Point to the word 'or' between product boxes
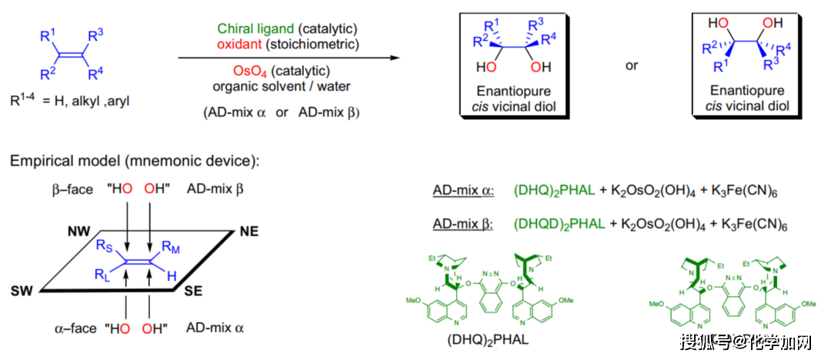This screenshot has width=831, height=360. coord(632,65)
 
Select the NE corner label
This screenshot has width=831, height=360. coord(250,230)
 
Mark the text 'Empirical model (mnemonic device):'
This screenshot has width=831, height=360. coord(135,162)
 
